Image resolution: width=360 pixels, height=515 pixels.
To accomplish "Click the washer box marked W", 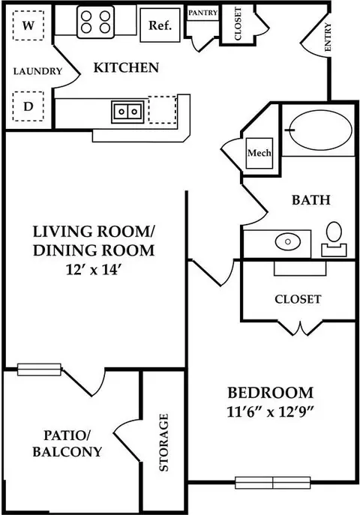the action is (x=28, y=25).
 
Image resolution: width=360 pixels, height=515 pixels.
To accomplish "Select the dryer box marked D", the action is (x=28, y=106).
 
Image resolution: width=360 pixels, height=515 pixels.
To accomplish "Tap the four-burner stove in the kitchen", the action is (x=95, y=22).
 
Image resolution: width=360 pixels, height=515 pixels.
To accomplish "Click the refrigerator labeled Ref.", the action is (x=160, y=25).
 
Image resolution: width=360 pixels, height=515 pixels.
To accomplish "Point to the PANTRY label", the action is (x=203, y=13).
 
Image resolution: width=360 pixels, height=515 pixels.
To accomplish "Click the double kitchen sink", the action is (x=127, y=112).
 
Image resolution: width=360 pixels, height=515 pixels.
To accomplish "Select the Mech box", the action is (x=259, y=153).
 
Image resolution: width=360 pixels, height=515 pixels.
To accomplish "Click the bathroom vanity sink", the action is (x=288, y=242).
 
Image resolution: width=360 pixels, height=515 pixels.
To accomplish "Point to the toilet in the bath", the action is (x=334, y=239).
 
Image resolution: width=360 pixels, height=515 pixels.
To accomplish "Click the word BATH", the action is (x=311, y=199).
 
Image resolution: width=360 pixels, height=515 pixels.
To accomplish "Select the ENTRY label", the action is (x=328, y=37).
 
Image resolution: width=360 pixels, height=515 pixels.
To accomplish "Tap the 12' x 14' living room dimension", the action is (x=94, y=270).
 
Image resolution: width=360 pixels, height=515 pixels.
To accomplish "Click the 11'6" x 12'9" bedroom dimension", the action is (x=271, y=412).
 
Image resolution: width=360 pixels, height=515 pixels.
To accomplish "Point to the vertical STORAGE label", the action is (x=163, y=442).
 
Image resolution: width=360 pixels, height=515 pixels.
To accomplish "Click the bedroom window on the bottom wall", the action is (x=273, y=483).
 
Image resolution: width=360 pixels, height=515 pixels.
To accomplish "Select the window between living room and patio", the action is (x=39, y=370).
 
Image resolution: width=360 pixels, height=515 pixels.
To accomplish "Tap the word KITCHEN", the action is (x=126, y=67).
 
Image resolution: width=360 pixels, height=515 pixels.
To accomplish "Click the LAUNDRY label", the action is (x=37, y=71).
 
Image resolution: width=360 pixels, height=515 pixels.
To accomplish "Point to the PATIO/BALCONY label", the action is (x=67, y=443).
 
